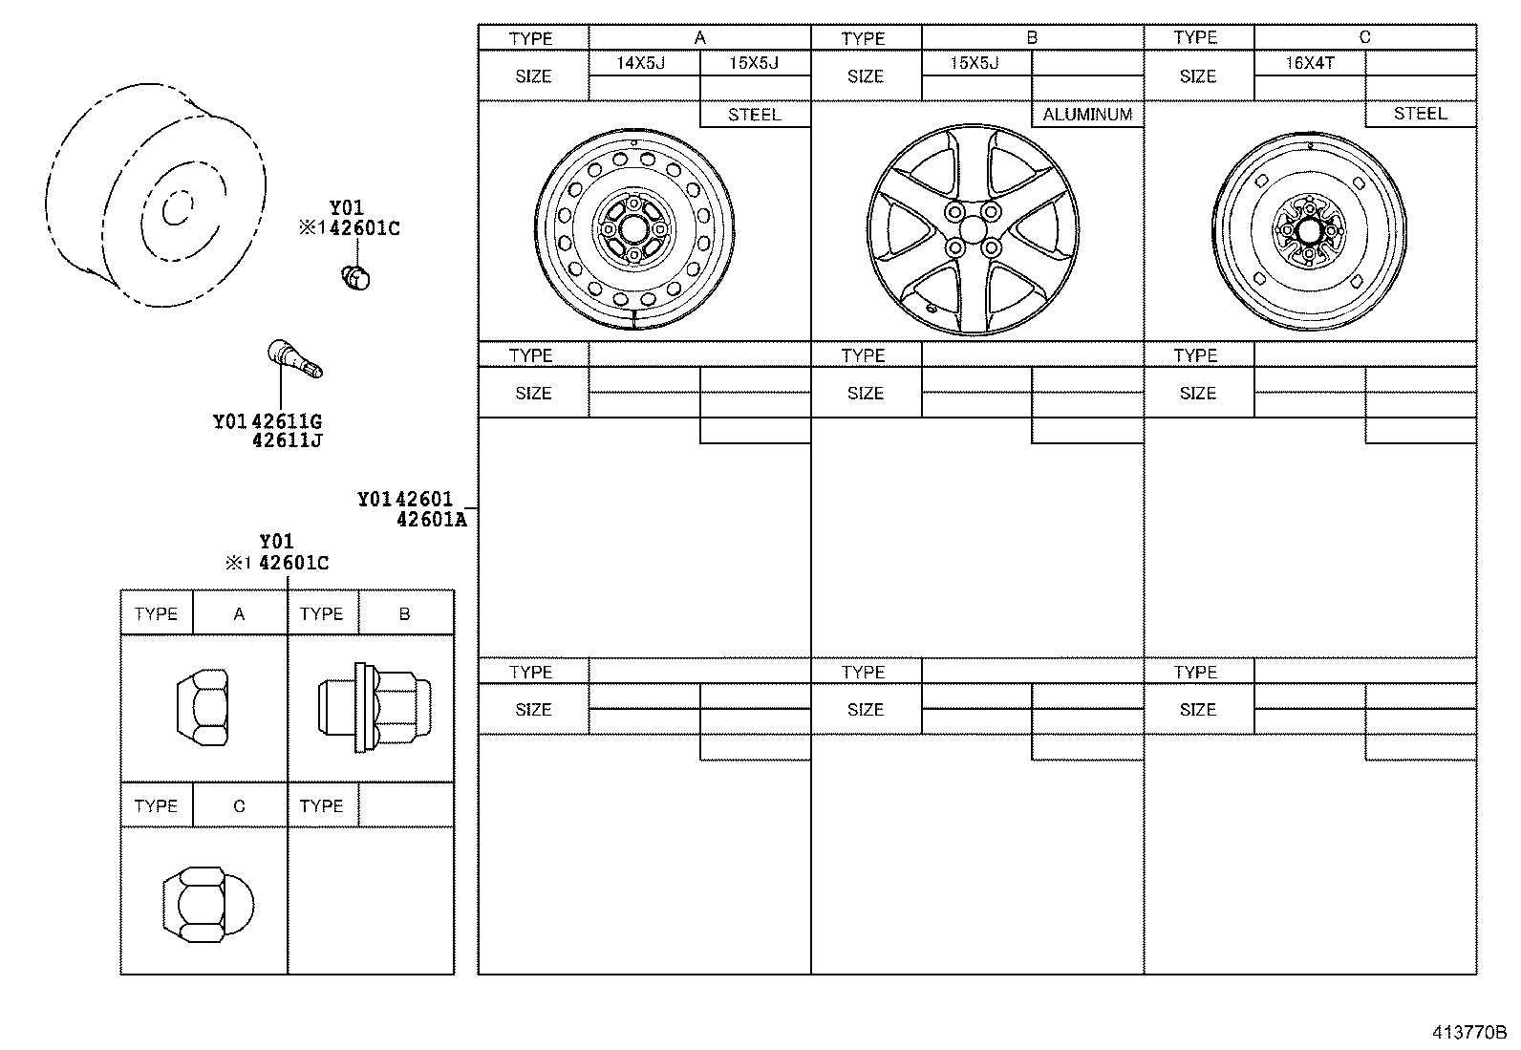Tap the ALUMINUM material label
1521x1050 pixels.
tap(1086, 115)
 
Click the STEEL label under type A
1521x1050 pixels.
tap(754, 115)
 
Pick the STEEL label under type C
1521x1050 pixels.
tap(1420, 114)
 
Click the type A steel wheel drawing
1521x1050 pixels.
tap(634, 229)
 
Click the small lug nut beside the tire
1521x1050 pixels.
tap(356, 277)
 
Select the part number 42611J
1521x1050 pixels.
tap(288, 441)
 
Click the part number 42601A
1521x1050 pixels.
tap(431, 520)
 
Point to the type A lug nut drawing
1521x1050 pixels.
tap(204, 707)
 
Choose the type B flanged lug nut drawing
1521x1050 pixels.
tap(373, 707)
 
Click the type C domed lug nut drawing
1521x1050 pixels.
tap(206, 904)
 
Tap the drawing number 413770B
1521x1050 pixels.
tap(1467, 1033)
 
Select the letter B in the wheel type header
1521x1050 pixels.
tap(1032, 38)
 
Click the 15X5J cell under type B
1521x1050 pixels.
tap(975, 64)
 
